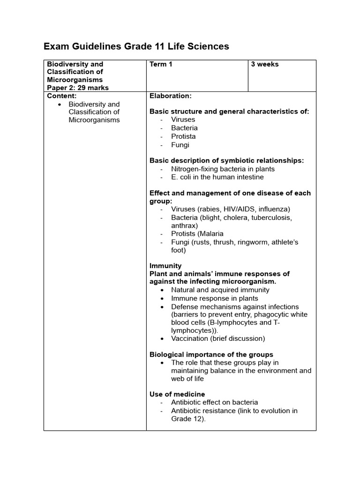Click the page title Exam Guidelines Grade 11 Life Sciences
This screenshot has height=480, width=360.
point(136,46)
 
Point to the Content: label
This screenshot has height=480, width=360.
point(61,96)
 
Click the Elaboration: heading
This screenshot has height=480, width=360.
point(171,96)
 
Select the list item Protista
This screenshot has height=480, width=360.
point(183,136)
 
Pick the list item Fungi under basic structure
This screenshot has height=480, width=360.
point(180,145)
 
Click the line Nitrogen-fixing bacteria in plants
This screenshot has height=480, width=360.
point(223,169)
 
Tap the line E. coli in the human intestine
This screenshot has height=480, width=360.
point(217,177)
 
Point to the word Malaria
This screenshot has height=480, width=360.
point(211,233)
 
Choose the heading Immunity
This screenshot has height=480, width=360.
point(165,266)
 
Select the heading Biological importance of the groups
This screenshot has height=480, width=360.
point(211,354)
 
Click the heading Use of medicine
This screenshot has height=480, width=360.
point(177,394)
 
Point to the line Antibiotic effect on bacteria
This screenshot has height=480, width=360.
point(214,402)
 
